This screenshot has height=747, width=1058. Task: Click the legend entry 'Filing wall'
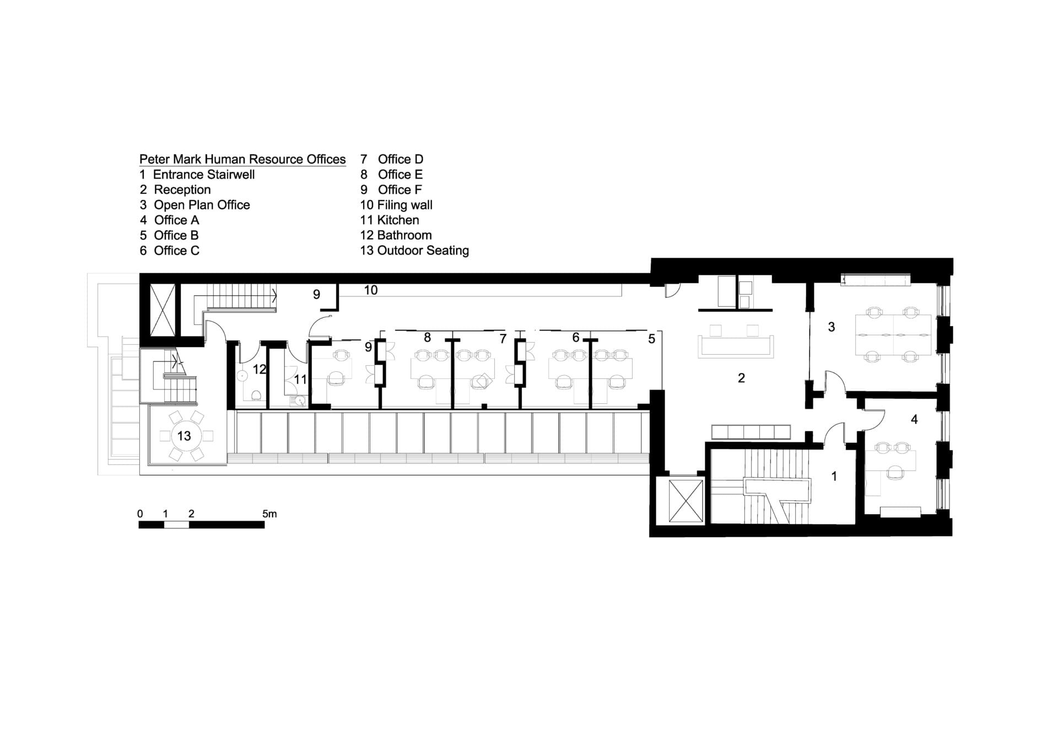[x=404, y=205]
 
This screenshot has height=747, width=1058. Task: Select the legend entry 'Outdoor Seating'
[x=423, y=251]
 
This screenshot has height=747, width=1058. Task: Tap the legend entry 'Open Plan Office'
[x=202, y=205]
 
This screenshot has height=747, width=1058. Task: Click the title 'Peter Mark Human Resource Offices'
[x=242, y=159]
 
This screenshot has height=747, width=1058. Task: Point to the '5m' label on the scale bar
[x=269, y=514]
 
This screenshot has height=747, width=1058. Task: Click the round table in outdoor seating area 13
[x=184, y=436]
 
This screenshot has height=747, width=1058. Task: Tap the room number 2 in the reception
[x=741, y=378]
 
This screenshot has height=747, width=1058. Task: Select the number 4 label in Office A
[x=914, y=419]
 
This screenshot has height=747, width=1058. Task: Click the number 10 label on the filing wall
[x=370, y=290]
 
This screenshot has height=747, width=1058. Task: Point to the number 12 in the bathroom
[x=260, y=369]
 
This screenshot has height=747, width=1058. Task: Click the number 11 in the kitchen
[x=300, y=379]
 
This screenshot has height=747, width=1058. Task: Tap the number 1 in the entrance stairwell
[x=834, y=476]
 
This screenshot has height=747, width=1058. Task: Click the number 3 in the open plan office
[x=832, y=327]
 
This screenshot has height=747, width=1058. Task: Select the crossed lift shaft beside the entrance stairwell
[x=685, y=501]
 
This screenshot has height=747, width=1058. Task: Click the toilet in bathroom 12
[x=256, y=395]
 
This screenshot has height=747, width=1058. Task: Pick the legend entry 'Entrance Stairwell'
[x=204, y=175]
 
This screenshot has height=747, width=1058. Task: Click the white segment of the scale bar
[x=177, y=525]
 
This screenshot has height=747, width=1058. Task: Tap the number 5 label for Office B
[x=651, y=339]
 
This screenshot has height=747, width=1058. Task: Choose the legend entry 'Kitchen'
[x=398, y=220]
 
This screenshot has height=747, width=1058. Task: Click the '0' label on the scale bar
[x=140, y=514]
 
